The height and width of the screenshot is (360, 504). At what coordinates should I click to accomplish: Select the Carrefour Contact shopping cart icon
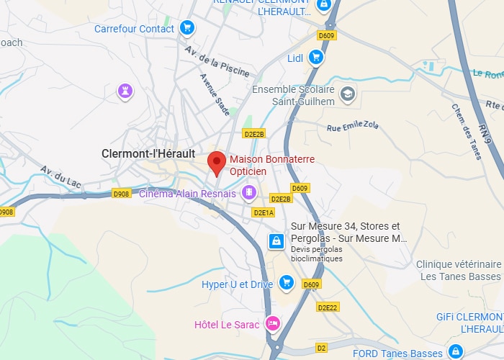(x=187, y=29)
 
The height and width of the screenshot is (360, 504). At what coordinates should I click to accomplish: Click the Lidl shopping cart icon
(x=315, y=57)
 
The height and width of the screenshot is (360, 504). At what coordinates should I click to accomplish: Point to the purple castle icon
(x=126, y=91)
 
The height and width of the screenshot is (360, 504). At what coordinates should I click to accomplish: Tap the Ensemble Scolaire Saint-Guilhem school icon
(x=348, y=94)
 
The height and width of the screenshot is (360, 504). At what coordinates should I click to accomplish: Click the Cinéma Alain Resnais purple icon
(x=248, y=192)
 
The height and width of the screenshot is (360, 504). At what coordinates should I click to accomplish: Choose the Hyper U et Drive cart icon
(x=286, y=283)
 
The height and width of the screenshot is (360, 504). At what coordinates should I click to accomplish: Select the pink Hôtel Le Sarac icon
(x=271, y=323)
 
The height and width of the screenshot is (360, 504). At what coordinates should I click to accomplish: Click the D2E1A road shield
(x=264, y=212)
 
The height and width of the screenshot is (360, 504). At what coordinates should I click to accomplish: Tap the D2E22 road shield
(x=328, y=307)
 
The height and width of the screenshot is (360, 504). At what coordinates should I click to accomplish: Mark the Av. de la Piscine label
(x=217, y=62)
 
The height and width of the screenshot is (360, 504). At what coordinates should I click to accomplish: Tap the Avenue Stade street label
(x=215, y=94)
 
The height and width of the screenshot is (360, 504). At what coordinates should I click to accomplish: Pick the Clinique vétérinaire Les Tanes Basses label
(x=459, y=271)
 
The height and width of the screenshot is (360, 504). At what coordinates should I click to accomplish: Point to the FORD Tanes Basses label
(x=397, y=353)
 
